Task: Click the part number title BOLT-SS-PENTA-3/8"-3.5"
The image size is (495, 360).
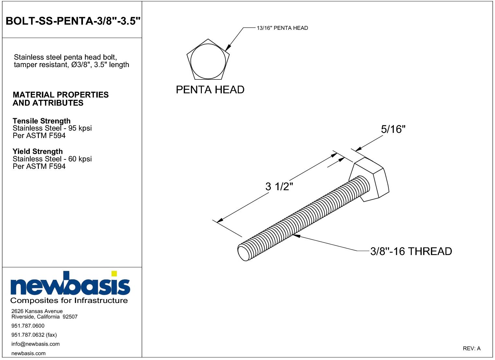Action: pos(73,21)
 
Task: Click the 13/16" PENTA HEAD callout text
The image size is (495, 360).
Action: pos(282,28)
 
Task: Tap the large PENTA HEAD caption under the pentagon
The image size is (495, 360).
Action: pos(210,90)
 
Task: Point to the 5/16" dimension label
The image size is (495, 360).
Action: pos(393,129)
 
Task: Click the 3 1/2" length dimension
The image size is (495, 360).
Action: pos(279,187)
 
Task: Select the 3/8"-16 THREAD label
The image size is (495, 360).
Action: pos(411,251)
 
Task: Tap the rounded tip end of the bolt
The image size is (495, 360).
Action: pos(243,253)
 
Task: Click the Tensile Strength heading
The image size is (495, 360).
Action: pos(41,121)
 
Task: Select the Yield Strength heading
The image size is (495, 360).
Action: pos(38,151)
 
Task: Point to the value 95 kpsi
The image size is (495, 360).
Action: pos(80,128)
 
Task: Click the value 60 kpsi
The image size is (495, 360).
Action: pos(80,159)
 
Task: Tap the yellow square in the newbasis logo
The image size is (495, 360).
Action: pos(114,273)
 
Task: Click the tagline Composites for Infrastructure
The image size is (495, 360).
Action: pos(69,301)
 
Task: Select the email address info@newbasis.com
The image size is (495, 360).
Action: pos(36,344)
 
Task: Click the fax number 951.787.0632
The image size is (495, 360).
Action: pos(28,335)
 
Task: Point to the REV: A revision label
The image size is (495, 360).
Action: pos(472,349)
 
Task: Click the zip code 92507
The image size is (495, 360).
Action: pos(70,317)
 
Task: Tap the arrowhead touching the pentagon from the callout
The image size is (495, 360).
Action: pos(228,48)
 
